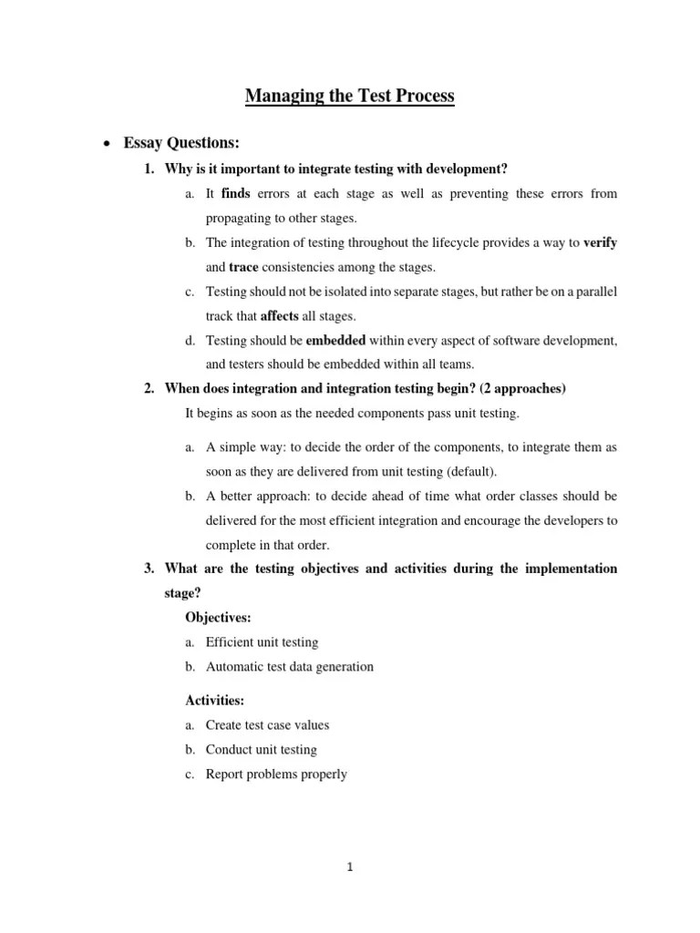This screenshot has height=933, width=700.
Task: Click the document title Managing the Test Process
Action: coord(349,96)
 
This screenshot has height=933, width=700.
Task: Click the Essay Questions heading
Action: coord(181,143)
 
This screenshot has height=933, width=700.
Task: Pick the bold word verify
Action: coord(600,242)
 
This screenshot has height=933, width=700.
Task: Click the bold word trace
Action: coord(243,267)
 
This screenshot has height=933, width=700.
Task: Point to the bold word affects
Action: coord(280,316)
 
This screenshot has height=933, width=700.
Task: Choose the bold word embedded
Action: coord(335,340)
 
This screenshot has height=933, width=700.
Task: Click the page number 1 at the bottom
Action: coord(350,867)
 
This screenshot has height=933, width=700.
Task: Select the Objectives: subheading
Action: coord(219,618)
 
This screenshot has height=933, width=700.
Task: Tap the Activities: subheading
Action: coord(215,701)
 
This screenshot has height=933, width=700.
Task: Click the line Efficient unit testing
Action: coord(262,642)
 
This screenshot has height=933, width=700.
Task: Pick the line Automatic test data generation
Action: coord(289,667)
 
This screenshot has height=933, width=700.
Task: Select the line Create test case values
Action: coord(267,725)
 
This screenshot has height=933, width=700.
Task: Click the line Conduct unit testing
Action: coord(261,750)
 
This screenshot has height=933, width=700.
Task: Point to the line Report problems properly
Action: coord(276,774)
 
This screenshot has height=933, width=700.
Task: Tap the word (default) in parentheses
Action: coord(465,471)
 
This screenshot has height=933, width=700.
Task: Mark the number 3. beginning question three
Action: coord(150,569)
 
